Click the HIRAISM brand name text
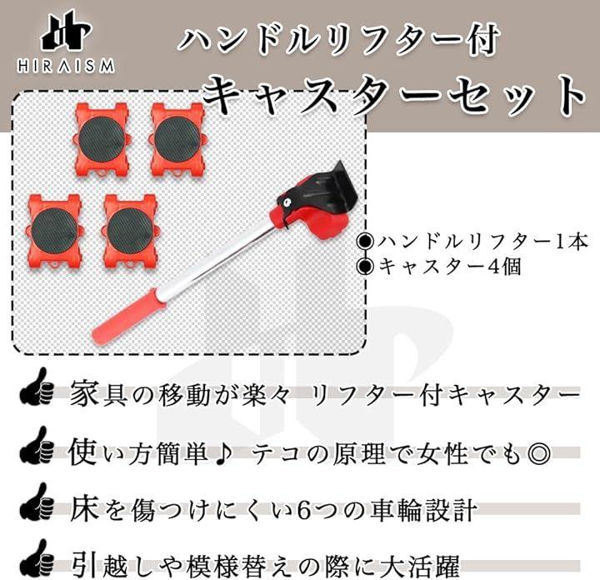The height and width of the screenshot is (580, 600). click(66, 66)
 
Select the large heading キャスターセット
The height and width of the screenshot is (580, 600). click(394, 96)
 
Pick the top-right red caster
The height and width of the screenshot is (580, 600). click(177, 139)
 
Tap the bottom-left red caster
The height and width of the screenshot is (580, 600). click(53, 231)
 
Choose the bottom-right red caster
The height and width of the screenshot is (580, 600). click(130, 231)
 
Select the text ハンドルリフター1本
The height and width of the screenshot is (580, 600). click(482, 242)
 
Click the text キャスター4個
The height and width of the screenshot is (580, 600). click(449, 267)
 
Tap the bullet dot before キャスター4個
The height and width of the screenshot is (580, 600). click(365, 267)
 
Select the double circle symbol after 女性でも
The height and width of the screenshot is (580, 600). click(539, 453)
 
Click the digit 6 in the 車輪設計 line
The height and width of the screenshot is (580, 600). click(304, 512)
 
